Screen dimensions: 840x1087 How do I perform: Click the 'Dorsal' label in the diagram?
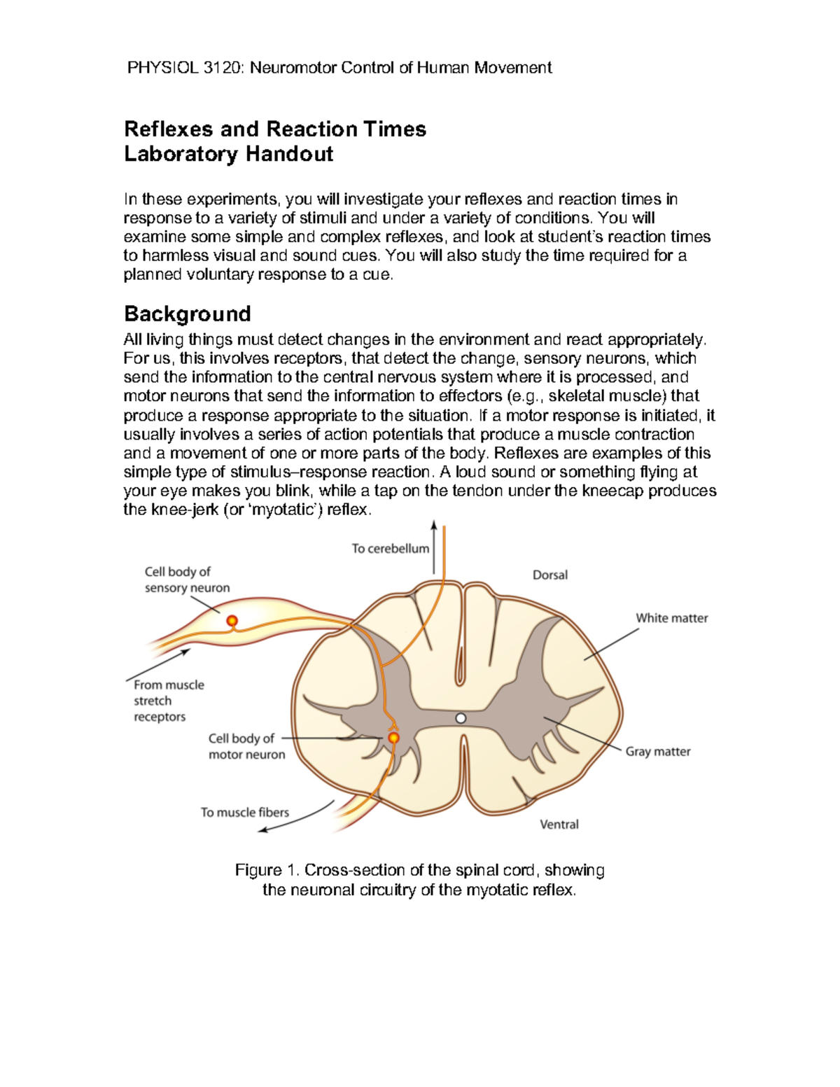(x=549, y=575)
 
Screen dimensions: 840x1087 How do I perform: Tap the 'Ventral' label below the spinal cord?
(x=559, y=824)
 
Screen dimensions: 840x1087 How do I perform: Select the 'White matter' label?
(x=671, y=618)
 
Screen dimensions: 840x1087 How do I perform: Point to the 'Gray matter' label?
(x=657, y=751)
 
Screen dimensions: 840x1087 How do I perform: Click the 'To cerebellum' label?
(x=390, y=549)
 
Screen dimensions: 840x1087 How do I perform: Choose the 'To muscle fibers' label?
(x=244, y=812)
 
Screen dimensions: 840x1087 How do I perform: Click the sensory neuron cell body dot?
(x=232, y=621)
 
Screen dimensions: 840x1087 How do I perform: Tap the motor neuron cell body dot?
(x=393, y=738)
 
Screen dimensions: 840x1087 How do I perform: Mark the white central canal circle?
(x=461, y=718)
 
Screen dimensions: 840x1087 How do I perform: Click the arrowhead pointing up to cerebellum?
(x=434, y=525)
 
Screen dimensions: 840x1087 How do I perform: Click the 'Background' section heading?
(x=187, y=314)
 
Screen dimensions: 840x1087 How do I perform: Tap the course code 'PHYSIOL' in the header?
(x=162, y=68)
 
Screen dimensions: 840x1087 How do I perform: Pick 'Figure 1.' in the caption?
(x=267, y=870)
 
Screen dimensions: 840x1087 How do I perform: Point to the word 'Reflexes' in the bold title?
(x=168, y=129)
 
